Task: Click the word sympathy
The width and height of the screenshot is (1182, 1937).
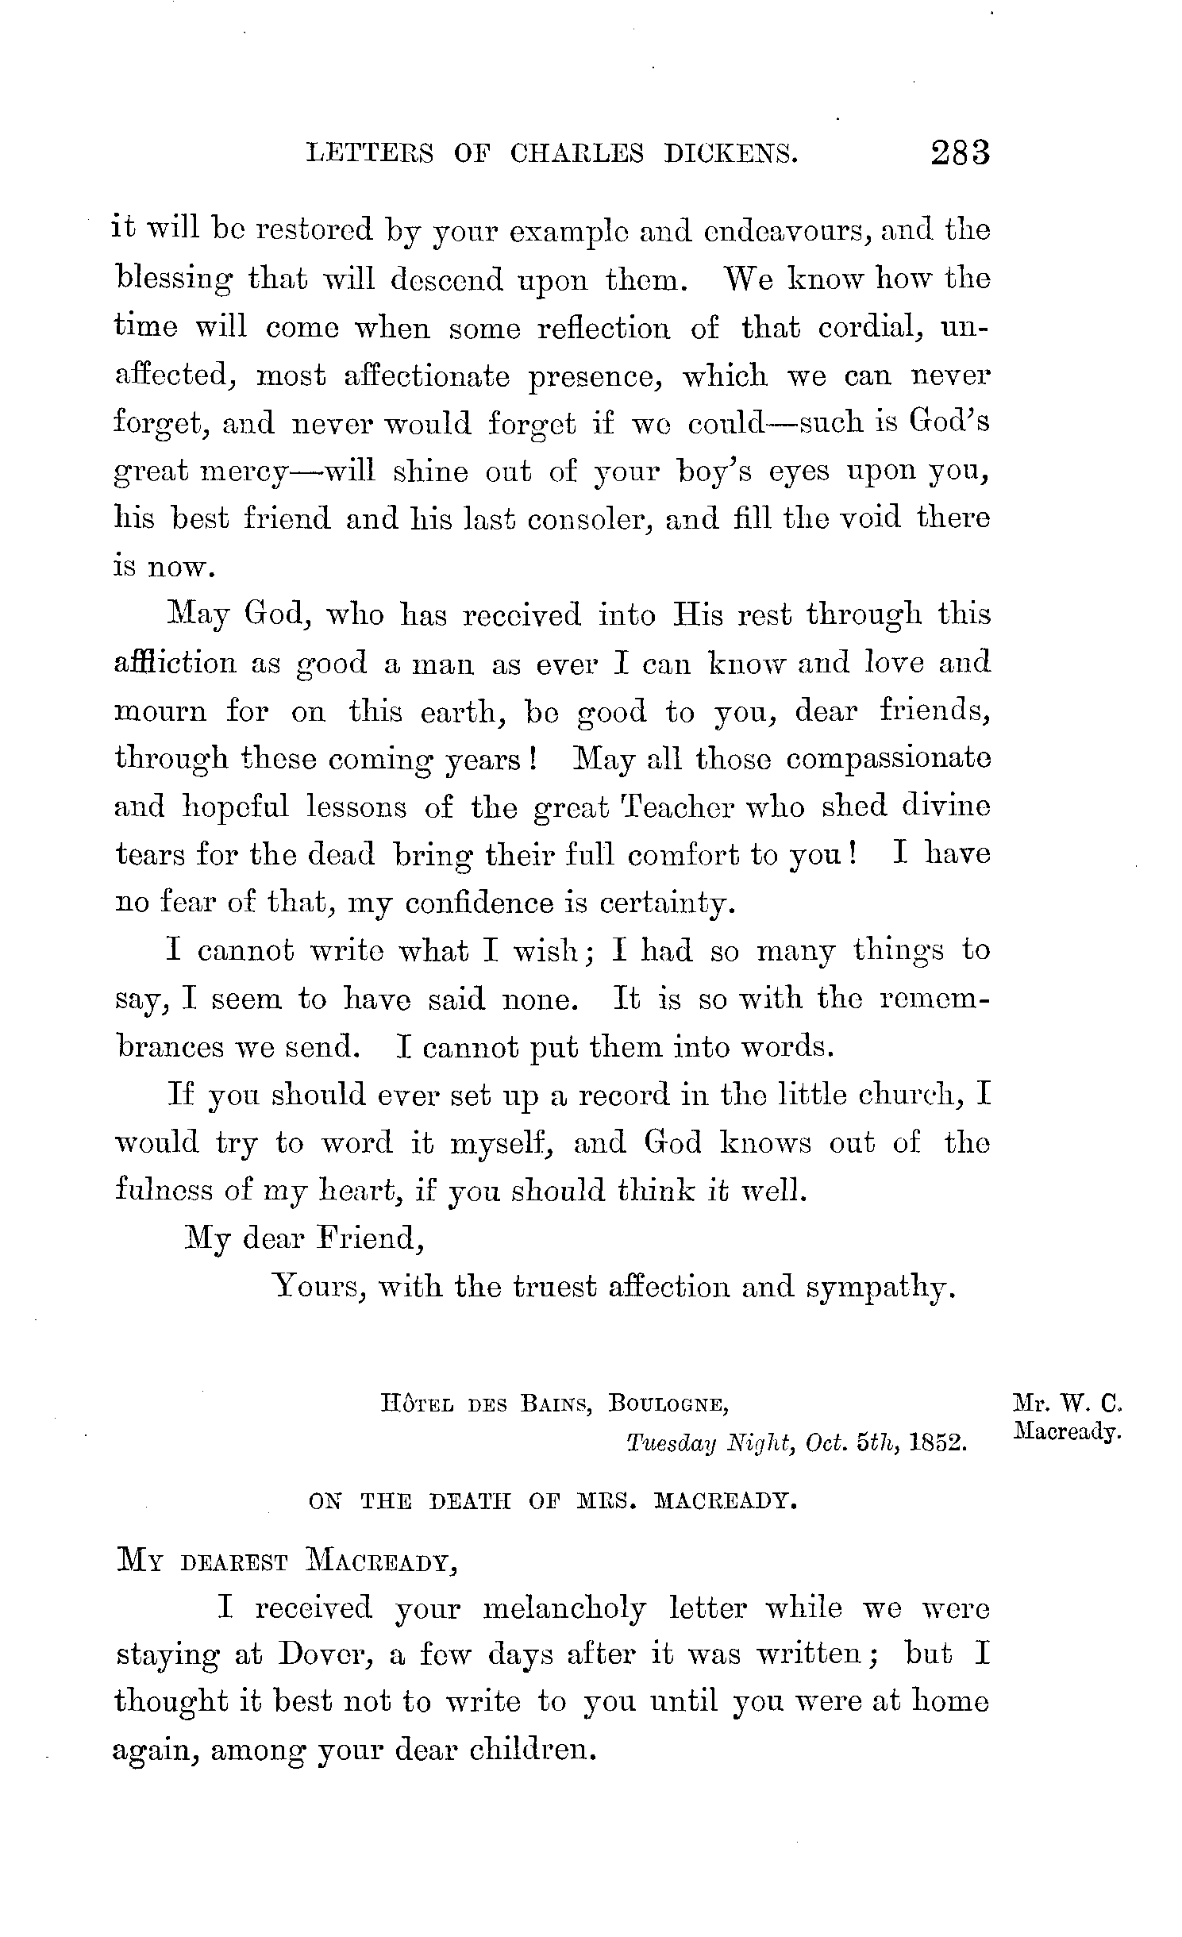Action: click(879, 1288)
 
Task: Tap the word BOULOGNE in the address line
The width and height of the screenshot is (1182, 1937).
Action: click(668, 1404)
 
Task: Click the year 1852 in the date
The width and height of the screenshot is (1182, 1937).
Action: click(938, 1443)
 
